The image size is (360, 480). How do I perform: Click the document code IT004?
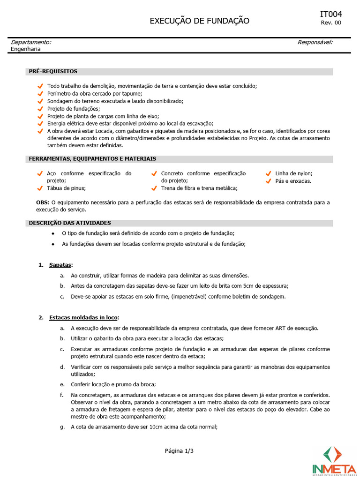point(331,15)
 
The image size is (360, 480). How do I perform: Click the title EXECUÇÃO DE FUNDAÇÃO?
point(199,21)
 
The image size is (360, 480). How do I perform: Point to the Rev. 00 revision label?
point(331,23)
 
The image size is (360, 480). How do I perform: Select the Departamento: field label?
point(31,42)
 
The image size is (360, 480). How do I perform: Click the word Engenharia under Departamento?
point(26,49)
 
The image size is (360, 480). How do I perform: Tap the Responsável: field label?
point(315,42)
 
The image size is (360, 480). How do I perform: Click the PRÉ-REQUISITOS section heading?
point(53,71)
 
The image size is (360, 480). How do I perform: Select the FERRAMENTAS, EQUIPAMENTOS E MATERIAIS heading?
point(92,159)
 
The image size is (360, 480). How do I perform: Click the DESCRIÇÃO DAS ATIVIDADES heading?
point(70,223)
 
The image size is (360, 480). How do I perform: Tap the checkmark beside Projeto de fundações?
point(40,109)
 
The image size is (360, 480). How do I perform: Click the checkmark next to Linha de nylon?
point(268,173)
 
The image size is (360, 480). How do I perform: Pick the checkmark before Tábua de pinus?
point(40,188)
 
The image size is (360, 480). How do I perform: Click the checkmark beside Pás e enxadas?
point(268,181)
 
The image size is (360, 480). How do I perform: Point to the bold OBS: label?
point(43,202)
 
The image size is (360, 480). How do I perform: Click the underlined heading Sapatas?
point(60,265)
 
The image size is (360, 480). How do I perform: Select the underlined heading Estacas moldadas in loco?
point(83,317)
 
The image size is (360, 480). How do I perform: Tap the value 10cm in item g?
point(143,427)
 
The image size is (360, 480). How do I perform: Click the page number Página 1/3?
point(179,451)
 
